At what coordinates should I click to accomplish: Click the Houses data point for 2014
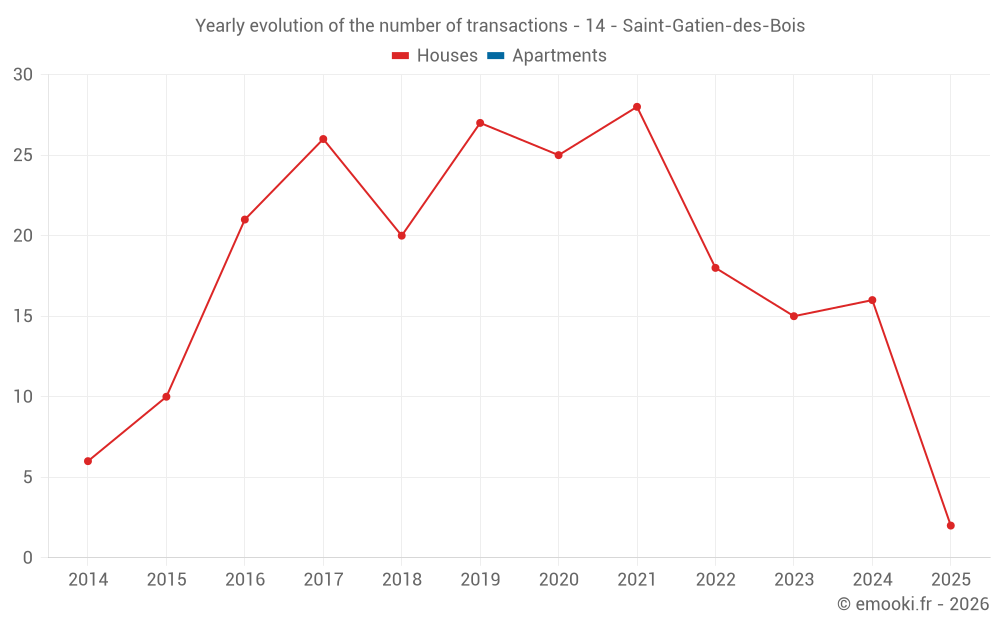[88, 461]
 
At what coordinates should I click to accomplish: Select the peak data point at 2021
[637, 107]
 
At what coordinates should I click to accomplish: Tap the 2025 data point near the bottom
[950, 525]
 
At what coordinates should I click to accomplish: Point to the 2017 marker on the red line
[323, 139]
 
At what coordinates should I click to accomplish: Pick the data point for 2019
[480, 123]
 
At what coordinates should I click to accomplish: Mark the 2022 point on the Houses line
[715, 268]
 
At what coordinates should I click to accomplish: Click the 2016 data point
[245, 220]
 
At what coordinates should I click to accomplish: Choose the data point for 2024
[872, 300]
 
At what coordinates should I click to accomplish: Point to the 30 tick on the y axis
[23, 75]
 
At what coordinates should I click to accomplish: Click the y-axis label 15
[23, 316]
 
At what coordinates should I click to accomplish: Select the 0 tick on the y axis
[28, 558]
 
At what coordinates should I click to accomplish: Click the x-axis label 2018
[401, 580]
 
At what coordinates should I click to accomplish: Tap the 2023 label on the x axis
[794, 580]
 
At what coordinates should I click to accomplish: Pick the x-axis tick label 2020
[558, 580]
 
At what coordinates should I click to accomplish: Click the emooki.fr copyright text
[912, 604]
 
